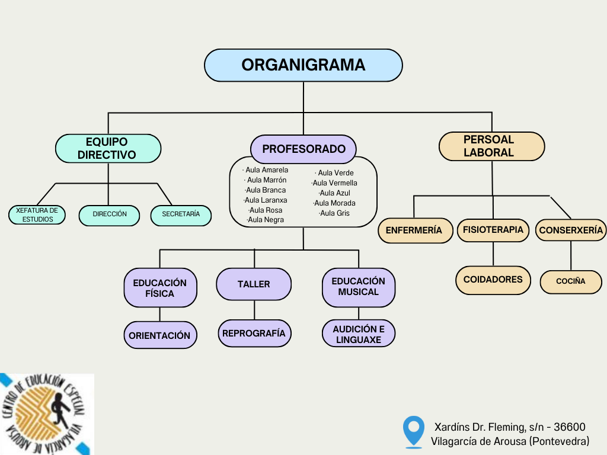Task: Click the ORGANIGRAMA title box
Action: tap(303, 65)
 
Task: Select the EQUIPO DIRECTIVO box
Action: tap(107, 148)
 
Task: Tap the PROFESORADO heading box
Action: tap(303, 149)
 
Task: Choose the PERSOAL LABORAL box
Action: tap(491, 146)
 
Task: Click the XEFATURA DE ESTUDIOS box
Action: tap(37, 215)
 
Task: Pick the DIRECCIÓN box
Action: tap(109, 215)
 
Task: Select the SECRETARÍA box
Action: tap(181, 215)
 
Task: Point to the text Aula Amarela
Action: tap(266, 170)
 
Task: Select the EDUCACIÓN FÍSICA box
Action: tap(159, 288)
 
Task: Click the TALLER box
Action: tap(254, 284)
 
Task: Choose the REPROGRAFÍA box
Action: tap(254, 334)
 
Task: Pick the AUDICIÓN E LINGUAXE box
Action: tap(359, 334)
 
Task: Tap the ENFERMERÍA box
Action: tap(414, 230)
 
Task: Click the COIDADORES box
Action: tap(493, 280)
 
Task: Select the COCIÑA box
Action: tap(570, 281)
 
